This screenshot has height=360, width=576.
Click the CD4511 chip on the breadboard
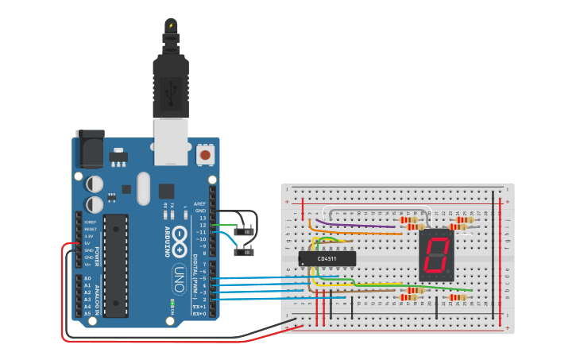tap(327, 258)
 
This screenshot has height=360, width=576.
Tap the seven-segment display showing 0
tap(435, 254)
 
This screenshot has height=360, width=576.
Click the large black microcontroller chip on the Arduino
tap(115, 265)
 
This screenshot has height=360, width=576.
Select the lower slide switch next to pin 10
tap(245, 253)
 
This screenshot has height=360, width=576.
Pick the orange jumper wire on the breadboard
tap(311, 227)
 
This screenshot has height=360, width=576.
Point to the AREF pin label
tap(199, 203)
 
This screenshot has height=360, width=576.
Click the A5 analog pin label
tap(87, 314)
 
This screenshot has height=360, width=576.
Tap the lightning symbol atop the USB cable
tap(170, 25)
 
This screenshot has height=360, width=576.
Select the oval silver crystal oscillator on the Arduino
tap(143, 188)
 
